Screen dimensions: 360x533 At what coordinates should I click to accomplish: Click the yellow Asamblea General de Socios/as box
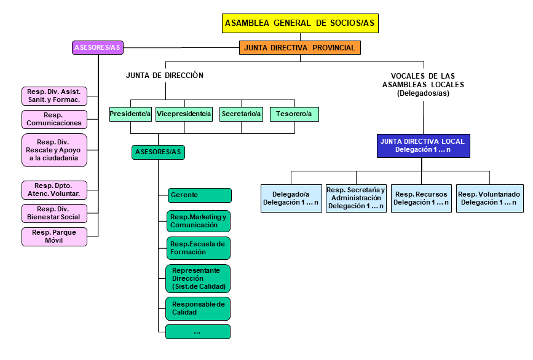pyautogui.click(x=300, y=23)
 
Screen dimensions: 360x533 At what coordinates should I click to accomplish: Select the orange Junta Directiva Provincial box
pyautogui.click(x=299, y=47)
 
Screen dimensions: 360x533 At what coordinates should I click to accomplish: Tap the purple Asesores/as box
pyautogui.click(x=97, y=47)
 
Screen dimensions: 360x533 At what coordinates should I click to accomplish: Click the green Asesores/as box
pyautogui.click(x=158, y=152)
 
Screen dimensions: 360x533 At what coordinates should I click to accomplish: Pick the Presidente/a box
pyautogui.click(x=130, y=114)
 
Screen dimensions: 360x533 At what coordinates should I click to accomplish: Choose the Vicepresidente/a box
pyautogui.click(x=184, y=114)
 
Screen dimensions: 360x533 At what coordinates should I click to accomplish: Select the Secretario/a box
pyautogui.click(x=241, y=114)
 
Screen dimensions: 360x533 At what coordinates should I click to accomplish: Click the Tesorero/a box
pyautogui.click(x=294, y=114)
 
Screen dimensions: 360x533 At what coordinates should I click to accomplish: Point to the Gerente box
pyautogui.click(x=199, y=195)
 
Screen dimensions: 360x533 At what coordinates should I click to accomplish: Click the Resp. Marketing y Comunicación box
pyautogui.click(x=198, y=221)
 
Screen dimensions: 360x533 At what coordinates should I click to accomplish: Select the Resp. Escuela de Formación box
pyautogui.click(x=198, y=248)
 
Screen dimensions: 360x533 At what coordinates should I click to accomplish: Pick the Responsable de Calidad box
pyautogui.click(x=198, y=308)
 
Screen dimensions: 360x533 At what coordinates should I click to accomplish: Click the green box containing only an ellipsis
pyautogui.click(x=198, y=332)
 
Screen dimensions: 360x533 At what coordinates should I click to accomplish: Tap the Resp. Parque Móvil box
pyautogui.click(x=53, y=237)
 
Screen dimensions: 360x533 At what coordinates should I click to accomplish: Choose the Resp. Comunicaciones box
pyautogui.click(x=53, y=119)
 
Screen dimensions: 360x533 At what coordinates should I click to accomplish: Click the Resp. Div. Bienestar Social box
pyautogui.click(x=53, y=213)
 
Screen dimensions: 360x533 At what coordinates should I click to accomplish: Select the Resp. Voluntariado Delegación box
pyautogui.click(x=489, y=198)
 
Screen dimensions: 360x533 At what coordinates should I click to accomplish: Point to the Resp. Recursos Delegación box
pyautogui.click(x=422, y=198)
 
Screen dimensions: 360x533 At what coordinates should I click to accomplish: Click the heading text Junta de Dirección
pyautogui.click(x=164, y=76)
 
